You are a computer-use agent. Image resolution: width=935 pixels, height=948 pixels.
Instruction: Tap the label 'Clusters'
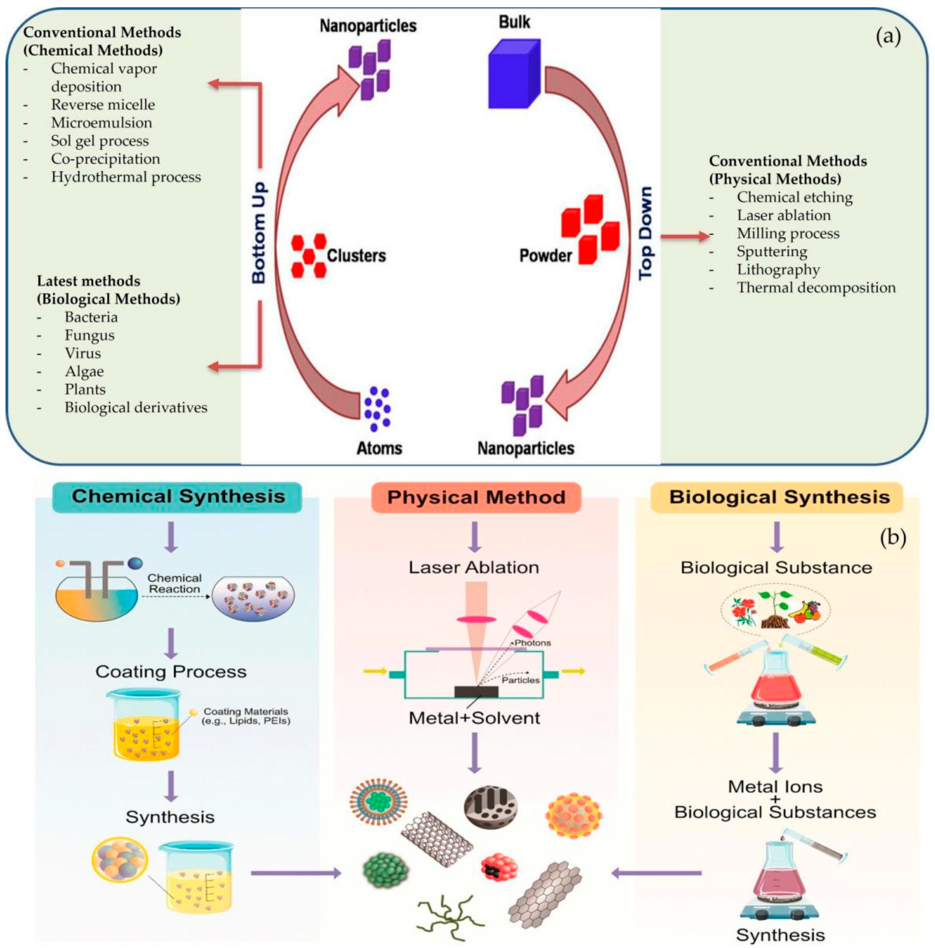point(356,255)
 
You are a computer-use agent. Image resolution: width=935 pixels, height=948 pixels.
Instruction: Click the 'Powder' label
point(546,255)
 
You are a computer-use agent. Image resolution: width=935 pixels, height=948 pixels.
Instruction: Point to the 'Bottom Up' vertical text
point(259,233)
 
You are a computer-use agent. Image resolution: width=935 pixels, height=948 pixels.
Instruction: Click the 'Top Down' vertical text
point(645,233)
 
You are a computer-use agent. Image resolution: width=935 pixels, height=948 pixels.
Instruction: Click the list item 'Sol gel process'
point(100,141)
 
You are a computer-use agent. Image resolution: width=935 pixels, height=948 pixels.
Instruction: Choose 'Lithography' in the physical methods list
point(778,269)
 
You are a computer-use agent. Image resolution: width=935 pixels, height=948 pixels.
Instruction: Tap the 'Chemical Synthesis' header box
point(177,497)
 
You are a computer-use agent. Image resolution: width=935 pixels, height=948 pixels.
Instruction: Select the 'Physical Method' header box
point(476,498)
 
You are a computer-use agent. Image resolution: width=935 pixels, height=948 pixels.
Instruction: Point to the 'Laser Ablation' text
point(474,568)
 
